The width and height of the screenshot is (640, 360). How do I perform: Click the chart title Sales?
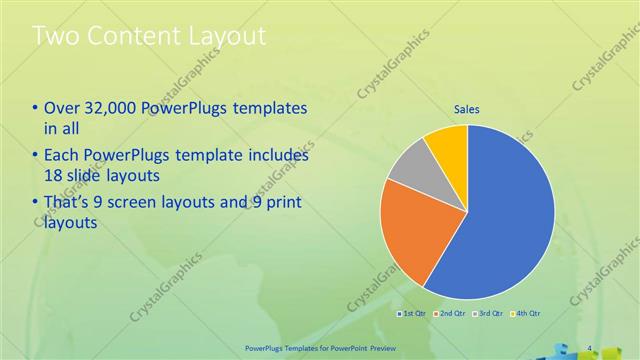click(x=467, y=108)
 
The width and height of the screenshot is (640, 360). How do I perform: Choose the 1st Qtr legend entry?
click(x=414, y=315)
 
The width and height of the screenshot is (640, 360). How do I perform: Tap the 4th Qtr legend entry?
click(x=527, y=315)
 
